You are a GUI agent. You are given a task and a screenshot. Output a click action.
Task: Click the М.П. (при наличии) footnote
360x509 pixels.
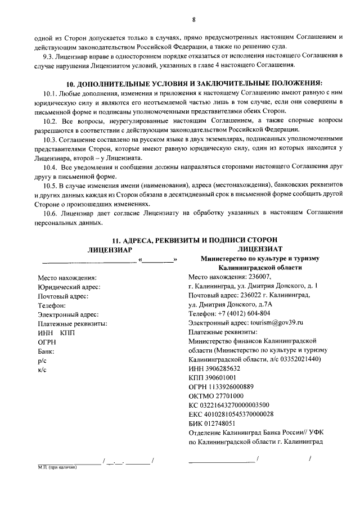53,466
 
